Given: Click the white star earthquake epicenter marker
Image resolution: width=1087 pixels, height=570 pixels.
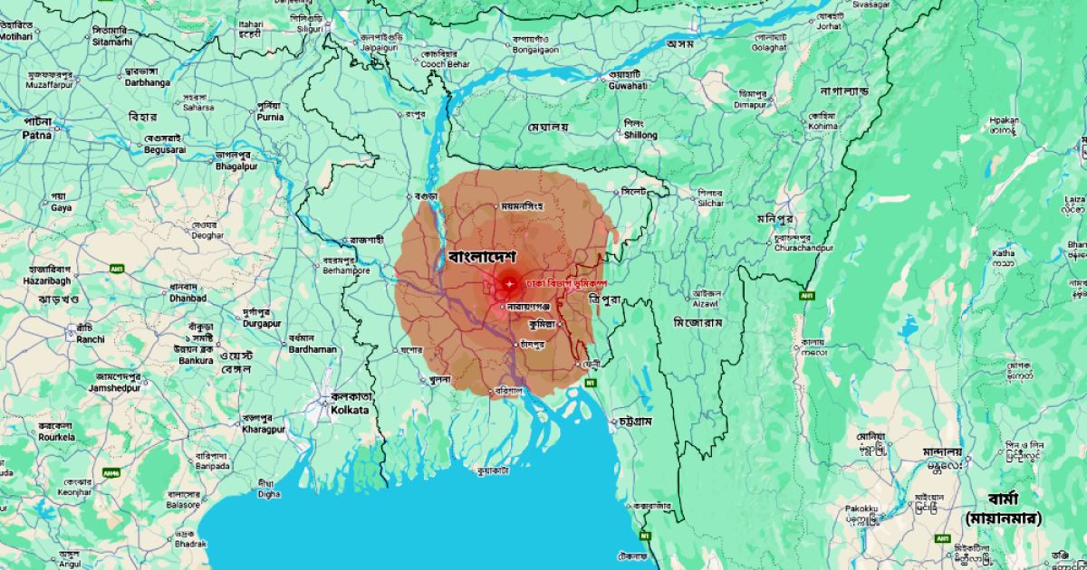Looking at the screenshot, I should (510, 285).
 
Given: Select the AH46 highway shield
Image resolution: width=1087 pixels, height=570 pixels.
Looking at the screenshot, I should (111, 472).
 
